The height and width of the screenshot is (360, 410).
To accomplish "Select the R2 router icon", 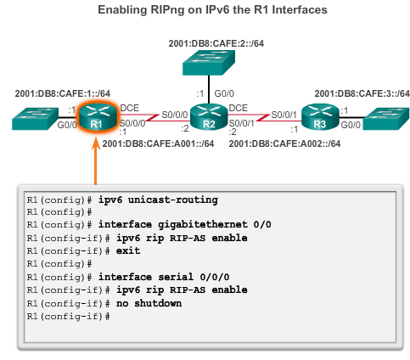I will (x=205, y=116).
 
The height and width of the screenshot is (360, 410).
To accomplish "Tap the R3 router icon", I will (x=318, y=117).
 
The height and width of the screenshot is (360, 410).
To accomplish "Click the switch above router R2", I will (x=205, y=62).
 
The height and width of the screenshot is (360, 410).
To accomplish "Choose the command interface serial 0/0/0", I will (x=164, y=277).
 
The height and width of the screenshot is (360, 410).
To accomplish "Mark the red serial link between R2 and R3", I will (x=263, y=115).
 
